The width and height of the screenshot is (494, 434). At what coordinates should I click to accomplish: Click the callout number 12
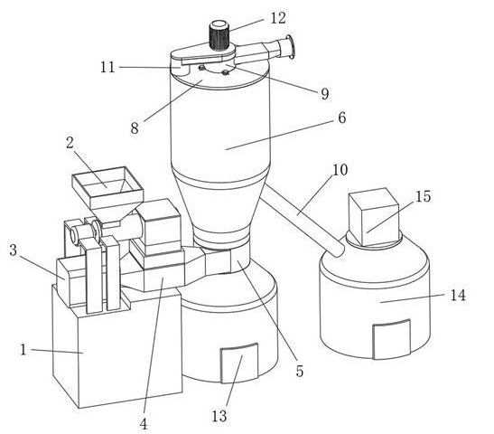tap(278, 18)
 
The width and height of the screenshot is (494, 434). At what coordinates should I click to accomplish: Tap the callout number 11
tap(107, 67)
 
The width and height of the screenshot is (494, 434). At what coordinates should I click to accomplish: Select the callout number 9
tap(325, 94)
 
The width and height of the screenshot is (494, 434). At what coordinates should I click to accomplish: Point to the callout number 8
tap(135, 128)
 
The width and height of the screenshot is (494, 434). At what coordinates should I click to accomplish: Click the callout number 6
tap(342, 118)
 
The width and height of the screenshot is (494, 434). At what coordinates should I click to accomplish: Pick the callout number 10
tap(340, 170)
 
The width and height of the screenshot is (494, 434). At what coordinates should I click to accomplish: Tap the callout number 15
tap(424, 196)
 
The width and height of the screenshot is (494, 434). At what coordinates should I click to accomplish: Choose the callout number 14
tap(458, 296)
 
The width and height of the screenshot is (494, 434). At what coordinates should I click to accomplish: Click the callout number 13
tap(219, 416)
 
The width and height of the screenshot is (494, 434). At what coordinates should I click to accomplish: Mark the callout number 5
tap(300, 371)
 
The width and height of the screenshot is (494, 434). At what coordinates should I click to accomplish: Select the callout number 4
tap(144, 424)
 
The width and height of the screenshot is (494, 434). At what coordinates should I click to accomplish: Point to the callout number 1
tap(23, 350)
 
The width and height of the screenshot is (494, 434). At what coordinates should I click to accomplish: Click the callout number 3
tap(13, 250)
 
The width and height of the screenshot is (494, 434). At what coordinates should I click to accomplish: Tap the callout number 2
tap(70, 143)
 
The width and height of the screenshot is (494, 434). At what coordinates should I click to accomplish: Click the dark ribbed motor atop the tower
tap(219, 34)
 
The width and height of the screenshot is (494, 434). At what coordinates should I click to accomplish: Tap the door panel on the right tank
tap(392, 339)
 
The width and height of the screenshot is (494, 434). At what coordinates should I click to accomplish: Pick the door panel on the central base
tap(239, 363)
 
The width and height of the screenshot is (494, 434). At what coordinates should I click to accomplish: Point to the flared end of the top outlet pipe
tap(291, 47)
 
